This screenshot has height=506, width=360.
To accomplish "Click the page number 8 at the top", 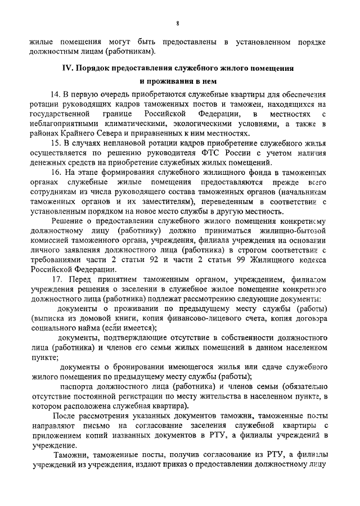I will pyautogui.click(x=177, y=23).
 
